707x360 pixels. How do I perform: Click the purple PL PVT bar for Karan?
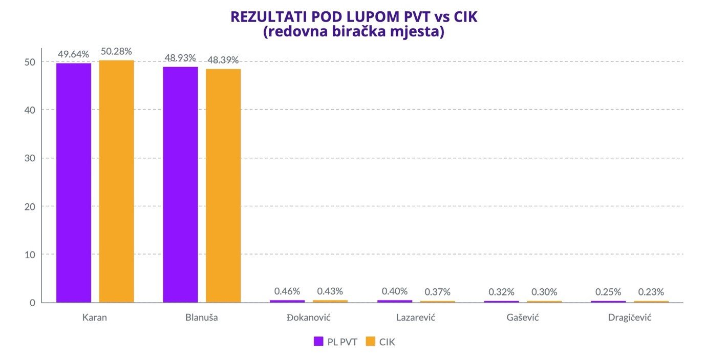(74, 182)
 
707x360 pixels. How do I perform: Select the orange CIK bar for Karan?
(116, 181)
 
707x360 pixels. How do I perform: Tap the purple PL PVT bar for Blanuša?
(180, 184)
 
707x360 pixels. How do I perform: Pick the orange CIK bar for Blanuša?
(223, 185)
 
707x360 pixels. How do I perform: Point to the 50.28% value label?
(116, 51)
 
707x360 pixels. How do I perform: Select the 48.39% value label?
(223, 60)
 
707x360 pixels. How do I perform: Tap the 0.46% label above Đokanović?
(287, 291)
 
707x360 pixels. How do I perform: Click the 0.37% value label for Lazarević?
(438, 292)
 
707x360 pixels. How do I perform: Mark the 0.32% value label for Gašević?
(501, 292)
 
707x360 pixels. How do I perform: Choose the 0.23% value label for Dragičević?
(651, 292)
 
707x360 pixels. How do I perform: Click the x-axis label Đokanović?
(308, 317)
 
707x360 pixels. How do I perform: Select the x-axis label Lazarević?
(416, 317)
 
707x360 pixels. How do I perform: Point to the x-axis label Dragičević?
(630, 317)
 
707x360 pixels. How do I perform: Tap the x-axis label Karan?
(95, 317)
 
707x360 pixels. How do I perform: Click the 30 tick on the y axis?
(30, 158)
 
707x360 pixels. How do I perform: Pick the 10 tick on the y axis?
(30, 255)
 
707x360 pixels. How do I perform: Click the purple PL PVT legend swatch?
(318, 342)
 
